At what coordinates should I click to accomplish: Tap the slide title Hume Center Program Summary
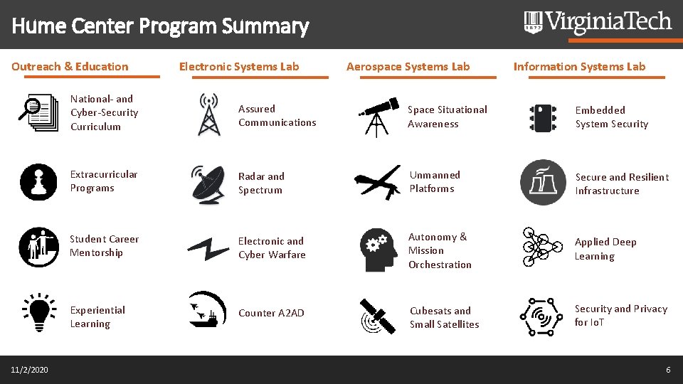[x=160, y=27]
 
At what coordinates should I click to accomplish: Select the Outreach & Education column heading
[x=70, y=67]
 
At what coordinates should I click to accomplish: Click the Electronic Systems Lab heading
[x=239, y=67]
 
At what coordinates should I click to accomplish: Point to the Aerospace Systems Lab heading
[x=408, y=67]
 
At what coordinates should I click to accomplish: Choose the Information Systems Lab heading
[x=579, y=67]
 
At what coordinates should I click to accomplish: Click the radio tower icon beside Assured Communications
[x=208, y=114]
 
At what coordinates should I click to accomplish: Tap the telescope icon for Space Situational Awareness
[x=378, y=115]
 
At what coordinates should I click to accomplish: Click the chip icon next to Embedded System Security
[x=543, y=117]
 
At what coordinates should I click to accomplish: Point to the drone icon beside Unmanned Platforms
[x=378, y=182]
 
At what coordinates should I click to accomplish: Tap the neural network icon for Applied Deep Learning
[x=543, y=247]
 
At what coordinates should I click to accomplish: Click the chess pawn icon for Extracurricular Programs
[x=39, y=181]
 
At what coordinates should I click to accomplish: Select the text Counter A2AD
[x=271, y=313]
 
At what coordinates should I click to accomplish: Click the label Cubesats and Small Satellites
[x=444, y=317]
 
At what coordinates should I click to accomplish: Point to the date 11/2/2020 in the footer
[x=30, y=370]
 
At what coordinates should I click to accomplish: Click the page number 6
[x=668, y=370]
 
